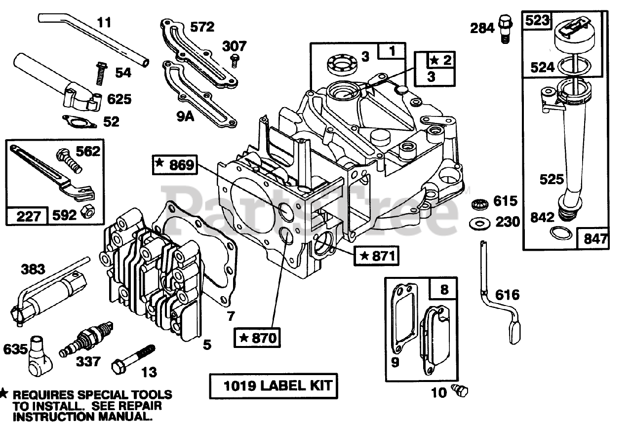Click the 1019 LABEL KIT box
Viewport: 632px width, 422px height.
pyautogui.click(x=272, y=385)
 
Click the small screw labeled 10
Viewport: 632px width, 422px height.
pyautogui.click(x=461, y=391)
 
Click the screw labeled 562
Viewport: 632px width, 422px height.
pyautogui.click(x=69, y=160)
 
